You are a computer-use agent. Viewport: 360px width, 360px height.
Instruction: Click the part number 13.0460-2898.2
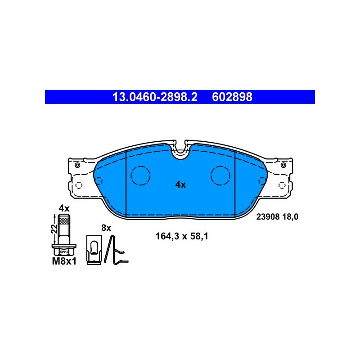[155, 97]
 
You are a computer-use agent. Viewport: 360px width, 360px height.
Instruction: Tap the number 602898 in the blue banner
[232, 97]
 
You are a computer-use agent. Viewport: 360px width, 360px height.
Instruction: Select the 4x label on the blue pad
[180, 184]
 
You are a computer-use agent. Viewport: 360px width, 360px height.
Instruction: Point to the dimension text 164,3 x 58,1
[182, 236]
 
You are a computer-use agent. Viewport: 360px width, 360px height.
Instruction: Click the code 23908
[268, 217]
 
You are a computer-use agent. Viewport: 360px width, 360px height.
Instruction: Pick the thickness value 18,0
[290, 217]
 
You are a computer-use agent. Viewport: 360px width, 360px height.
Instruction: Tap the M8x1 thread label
[64, 261]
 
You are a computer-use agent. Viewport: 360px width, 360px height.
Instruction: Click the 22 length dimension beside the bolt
[54, 229]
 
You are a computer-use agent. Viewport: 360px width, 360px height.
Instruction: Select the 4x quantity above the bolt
[64, 208]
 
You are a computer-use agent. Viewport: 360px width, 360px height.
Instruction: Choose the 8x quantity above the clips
[106, 228]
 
